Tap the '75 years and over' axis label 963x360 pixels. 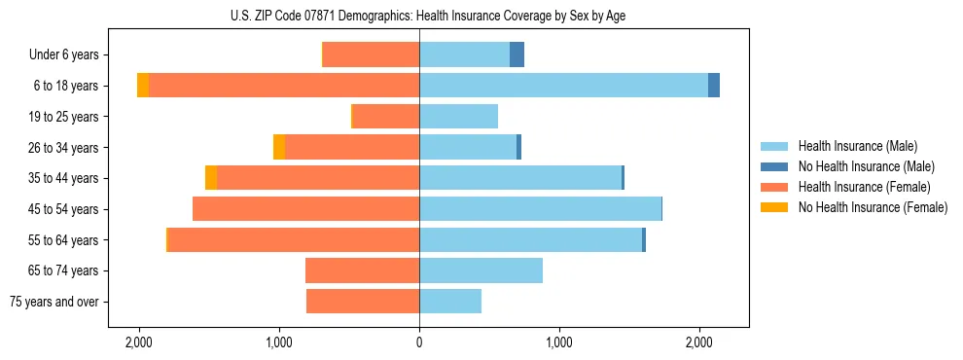tap(54, 302)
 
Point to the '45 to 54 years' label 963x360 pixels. tap(65, 209)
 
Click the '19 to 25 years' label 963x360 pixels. tap(65, 117)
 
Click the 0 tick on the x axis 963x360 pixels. tap(419, 343)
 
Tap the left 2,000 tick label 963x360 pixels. tap(139, 343)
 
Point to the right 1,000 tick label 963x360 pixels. tap(559, 343)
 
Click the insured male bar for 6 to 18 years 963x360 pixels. tap(563, 86)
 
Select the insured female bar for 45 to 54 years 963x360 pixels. tap(305, 209)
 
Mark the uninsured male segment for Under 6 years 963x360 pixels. tap(517, 55)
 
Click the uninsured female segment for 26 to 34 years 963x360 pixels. tap(279, 147)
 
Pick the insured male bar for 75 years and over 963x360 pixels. tap(450, 302)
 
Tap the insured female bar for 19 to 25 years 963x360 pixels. tap(386, 117)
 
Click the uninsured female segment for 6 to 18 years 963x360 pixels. tap(143, 86)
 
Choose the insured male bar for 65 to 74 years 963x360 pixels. tap(481, 270)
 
